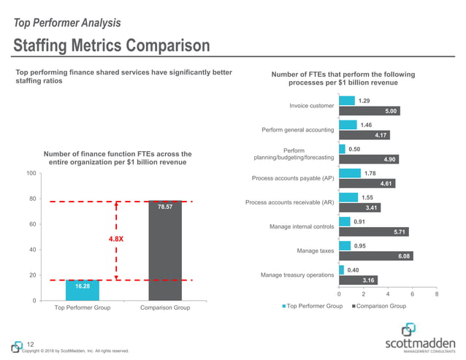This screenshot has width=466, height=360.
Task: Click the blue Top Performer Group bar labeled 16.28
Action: click(83, 290)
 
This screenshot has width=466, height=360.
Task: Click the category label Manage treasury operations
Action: click(297, 275)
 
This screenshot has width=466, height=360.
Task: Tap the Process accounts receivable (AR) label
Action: click(289, 202)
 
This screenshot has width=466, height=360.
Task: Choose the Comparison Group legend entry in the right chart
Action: click(380, 306)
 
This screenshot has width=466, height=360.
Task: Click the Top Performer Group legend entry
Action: click(313, 306)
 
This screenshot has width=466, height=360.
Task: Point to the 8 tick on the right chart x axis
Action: click(436, 294)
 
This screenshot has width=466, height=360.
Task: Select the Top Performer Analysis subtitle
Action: click(67, 23)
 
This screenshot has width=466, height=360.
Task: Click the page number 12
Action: click(30, 344)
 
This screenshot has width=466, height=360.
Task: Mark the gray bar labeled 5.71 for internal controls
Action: click(374, 231)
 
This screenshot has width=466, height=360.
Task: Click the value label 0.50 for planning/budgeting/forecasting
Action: click(354, 149)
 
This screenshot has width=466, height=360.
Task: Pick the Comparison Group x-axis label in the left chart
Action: click(165, 308)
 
